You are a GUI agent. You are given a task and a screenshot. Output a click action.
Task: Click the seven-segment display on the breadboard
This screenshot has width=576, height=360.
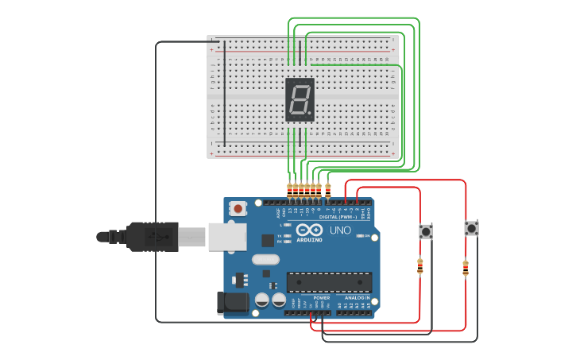(x=300, y=99)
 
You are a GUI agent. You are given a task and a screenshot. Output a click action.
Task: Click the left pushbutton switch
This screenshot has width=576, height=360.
(x=426, y=232)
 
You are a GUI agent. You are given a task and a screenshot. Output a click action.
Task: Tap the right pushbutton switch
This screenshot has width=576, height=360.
(x=472, y=228)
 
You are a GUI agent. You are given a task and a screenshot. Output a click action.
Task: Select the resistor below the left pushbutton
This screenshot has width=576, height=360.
(x=419, y=266)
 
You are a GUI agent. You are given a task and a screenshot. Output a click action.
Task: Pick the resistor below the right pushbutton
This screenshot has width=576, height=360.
(x=466, y=269)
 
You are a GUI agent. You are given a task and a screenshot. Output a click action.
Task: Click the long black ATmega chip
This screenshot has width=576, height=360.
(x=329, y=282)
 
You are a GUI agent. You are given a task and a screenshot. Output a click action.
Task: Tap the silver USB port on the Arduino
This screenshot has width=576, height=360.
(x=226, y=236)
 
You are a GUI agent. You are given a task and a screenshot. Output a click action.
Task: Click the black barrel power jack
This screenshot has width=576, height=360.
(x=231, y=302)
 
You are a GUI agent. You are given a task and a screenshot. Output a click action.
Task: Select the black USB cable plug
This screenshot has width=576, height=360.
(x=151, y=236)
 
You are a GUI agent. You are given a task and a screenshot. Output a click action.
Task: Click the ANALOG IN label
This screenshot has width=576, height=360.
(x=356, y=297)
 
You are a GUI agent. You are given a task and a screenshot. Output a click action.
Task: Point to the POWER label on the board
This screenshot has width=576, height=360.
(x=310, y=297)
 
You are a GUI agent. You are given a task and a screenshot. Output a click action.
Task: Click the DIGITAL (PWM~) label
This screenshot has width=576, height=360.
(x=338, y=216)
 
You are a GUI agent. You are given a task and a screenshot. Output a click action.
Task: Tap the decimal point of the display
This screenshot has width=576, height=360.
(x=309, y=113)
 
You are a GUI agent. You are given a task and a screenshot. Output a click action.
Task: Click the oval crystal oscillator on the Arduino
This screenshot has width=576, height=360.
(x=265, y=259)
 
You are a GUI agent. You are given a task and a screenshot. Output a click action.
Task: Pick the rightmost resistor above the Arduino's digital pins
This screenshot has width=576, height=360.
(x=328, y=190)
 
